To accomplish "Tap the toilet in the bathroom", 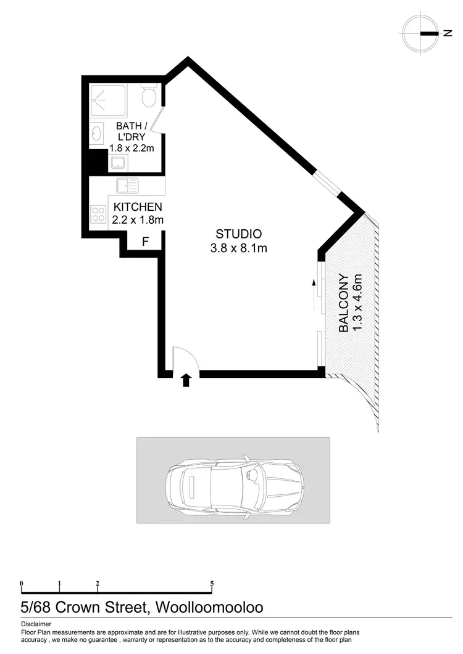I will point(149,96).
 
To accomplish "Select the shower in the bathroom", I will point(109,101).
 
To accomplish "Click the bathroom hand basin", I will point(96,133).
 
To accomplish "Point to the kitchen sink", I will point(127,185).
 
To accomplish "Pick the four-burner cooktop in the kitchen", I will point(98,214).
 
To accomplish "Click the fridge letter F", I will point(145,242).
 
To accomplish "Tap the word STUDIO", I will point(238,234).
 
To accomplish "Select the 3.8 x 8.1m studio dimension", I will point(238,249).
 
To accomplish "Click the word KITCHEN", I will point(137,207).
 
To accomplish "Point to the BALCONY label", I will point(344,303).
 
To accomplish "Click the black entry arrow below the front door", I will point(186,380).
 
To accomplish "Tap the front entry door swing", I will point(183,360).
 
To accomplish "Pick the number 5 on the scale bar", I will point(212,583).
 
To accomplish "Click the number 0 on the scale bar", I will point(22,583).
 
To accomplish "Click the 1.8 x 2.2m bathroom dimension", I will point(130,148).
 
